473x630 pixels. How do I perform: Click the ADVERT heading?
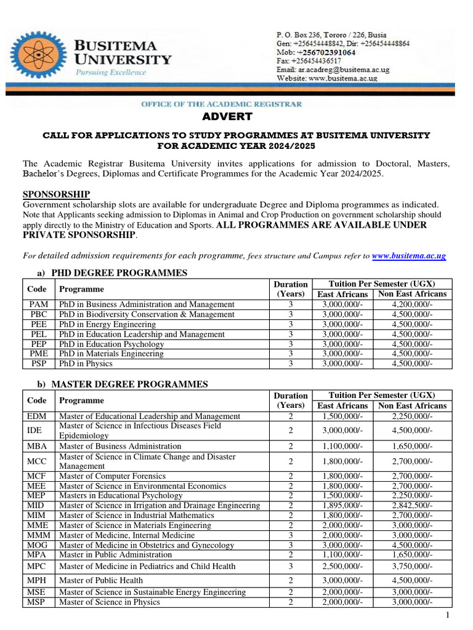[227, 117]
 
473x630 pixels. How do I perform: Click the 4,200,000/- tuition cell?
[412, 305]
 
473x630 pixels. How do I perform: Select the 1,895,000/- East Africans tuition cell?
[342, 506]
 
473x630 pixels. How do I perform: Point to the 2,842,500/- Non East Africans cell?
[412, 506]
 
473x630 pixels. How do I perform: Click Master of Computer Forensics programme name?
[113, 476]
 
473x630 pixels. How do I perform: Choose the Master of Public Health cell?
[101, 580]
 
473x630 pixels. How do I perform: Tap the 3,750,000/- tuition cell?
[412, 566]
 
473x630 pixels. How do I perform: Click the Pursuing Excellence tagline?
[111, 72]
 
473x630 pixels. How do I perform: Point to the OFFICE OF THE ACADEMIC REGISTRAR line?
[222, 104]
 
